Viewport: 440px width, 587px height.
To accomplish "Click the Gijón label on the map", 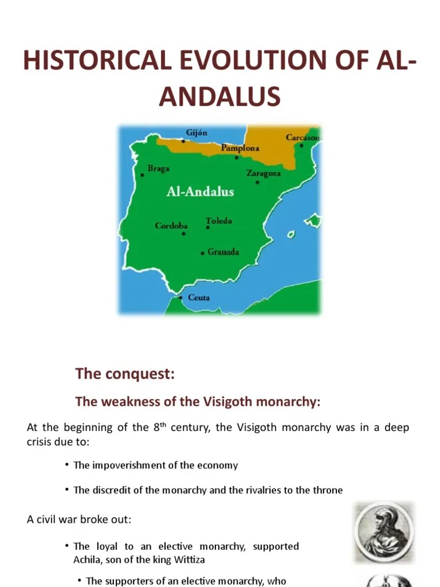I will [197, 133].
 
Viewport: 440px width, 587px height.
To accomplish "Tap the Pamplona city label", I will [241, 148].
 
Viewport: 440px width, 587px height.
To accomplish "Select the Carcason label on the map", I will [302, 138].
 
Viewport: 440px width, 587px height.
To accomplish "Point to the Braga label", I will [159, 169].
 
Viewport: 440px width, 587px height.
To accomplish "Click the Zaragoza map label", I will [264, 173].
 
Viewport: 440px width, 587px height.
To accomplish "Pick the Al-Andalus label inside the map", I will [200, 191].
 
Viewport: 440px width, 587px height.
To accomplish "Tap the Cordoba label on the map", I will [171, 225].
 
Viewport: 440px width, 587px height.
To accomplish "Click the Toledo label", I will [219, 221].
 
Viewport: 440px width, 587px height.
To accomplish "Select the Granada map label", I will [223, 252].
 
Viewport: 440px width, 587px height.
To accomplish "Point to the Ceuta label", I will [199, 298].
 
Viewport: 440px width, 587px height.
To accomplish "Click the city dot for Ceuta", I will [180, 298].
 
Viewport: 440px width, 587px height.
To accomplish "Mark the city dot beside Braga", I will [143, 175].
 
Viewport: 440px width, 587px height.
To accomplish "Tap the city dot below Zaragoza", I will [257, 182].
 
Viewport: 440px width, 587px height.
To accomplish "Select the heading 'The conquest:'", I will [124, 374].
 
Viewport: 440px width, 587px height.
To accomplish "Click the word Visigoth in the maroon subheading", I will [229, 402].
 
